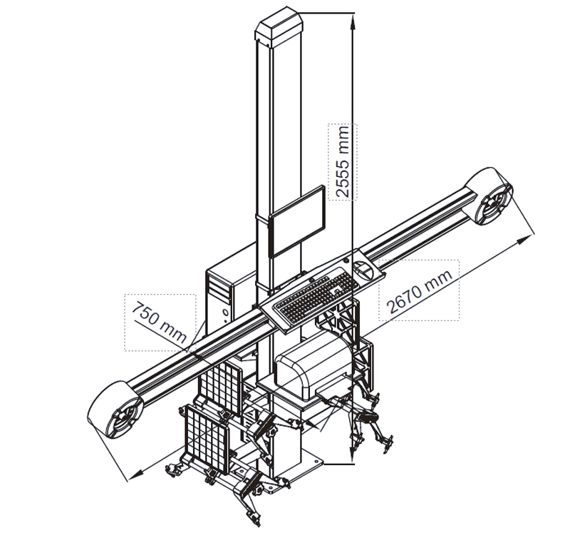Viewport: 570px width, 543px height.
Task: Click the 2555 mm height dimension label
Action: point(343,161)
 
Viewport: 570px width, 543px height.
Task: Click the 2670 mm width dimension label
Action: point(420,292)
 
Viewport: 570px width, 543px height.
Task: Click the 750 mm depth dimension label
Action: point(159,322)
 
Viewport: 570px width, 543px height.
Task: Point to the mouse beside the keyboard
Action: point(363,270)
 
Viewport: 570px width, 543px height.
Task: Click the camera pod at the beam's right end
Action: point(490,196)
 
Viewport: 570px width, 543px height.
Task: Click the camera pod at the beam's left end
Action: point(115,410)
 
